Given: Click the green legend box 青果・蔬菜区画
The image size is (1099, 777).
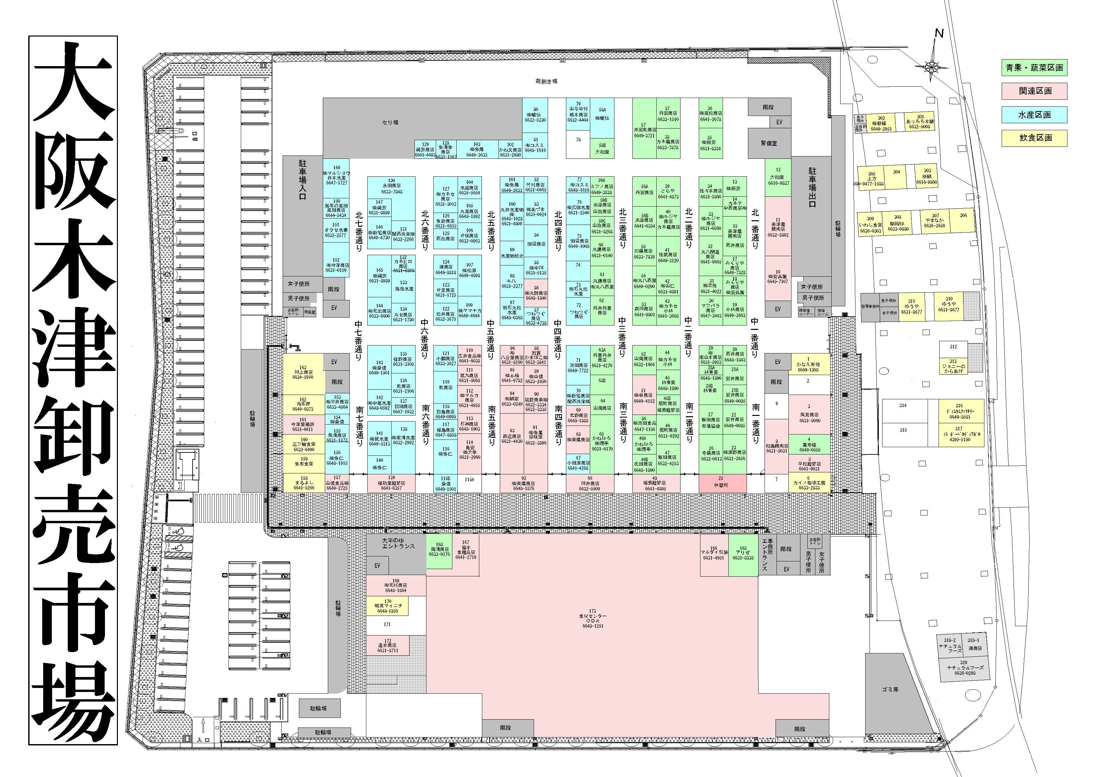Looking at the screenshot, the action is pyautogui.click(x=1034, y=67).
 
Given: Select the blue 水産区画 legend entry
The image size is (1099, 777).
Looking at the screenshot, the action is pyautogui.click(x=1034, y=114).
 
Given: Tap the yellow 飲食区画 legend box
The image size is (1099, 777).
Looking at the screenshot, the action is pyautogui.click(x=1034, y=138).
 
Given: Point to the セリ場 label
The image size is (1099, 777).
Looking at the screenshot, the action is pyautogui.click(x=390, y=123).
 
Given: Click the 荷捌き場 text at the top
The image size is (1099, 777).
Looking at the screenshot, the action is pyautogui.click(x=546, y=81).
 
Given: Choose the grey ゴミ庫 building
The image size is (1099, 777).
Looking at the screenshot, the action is pyautogui.click(x=890, y=689).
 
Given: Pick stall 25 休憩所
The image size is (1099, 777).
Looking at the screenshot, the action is pyautogui.click(x=722, y=483).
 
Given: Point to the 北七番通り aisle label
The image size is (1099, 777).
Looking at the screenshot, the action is pyautogui.click(x=359, y=228).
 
